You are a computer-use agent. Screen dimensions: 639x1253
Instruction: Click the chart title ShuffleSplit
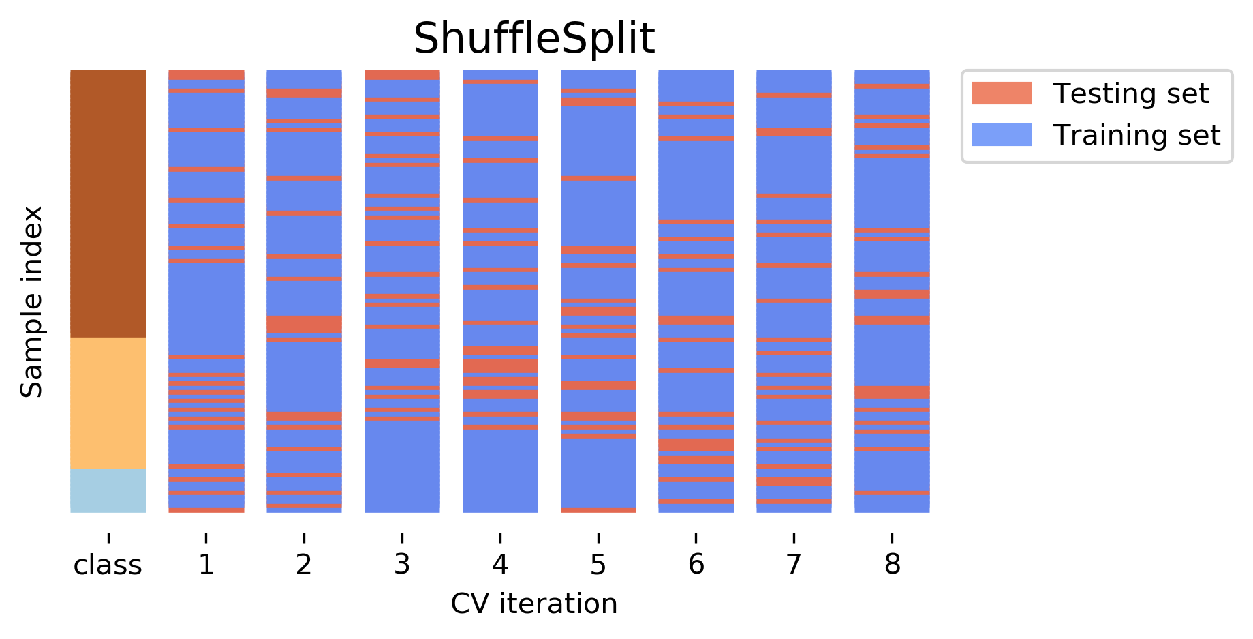(x=533, y=39)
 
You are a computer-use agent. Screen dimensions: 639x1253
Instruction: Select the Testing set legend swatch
(x=1001, y=93)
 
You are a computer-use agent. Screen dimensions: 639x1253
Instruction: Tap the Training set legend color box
(x=1001, y=135)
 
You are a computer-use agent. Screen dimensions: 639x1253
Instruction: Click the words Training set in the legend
(x=1136, y=135)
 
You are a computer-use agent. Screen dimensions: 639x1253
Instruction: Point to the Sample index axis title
(x=31, y=301)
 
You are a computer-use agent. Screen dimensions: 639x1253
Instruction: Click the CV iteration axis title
(x=533, y=604)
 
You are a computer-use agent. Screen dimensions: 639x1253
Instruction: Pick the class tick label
(x=108, y=565)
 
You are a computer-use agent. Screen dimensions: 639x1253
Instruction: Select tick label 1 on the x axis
(x=206, y=565)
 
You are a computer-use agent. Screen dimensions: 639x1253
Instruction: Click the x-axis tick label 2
(x=304, y=565)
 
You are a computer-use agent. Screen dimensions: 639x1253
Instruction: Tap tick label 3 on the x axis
(x=402, y=565)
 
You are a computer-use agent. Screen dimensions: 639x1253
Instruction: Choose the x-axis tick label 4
(x=500, y=565)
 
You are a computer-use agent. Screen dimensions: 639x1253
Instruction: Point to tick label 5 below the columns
(x=598, y=565)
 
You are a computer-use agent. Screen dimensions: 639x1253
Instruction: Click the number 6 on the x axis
(x=696, y=565)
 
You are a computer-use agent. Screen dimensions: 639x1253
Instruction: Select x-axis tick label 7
(x=794, y=565)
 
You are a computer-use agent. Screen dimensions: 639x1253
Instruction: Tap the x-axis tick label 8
(x=892, y=565)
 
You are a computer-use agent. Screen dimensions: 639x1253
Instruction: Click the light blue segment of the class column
(x=108, y=490)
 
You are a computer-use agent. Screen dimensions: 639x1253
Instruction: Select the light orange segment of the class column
(x=108, y=402)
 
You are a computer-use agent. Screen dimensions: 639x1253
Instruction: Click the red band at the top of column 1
(x=206, y=75)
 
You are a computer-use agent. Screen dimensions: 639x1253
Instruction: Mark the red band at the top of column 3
(x=402, y=75)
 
